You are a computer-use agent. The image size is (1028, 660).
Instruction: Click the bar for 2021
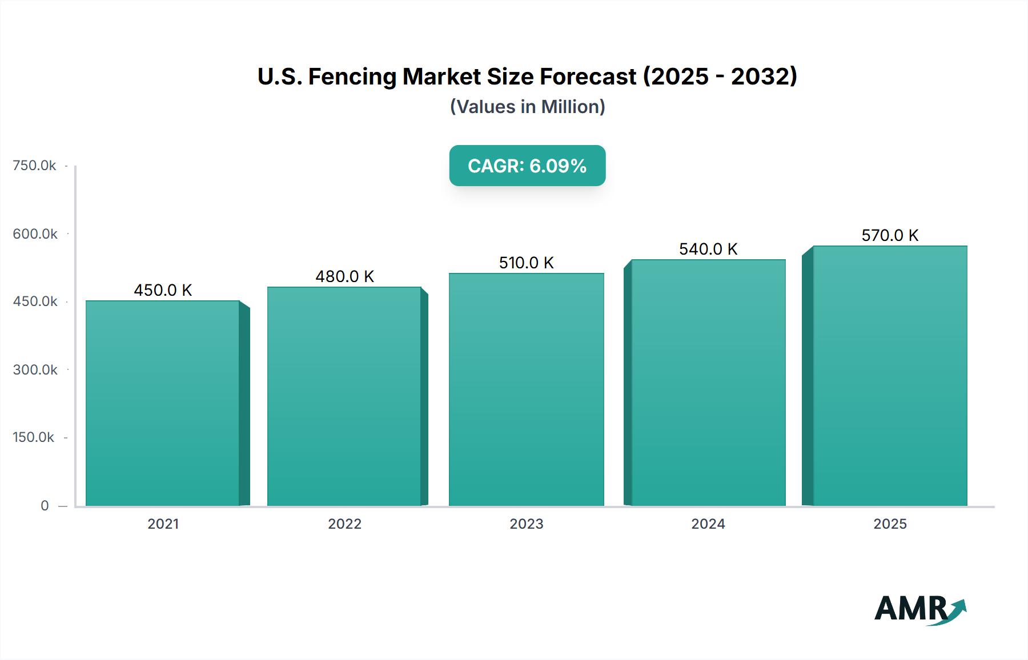point(163,403)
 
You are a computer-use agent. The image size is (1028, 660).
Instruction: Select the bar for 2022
point(344,396)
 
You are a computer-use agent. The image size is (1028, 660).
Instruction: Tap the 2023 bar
point(526,389)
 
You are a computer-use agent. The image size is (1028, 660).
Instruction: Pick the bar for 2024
point(708,383)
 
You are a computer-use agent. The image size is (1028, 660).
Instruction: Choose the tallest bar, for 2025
point(890,376)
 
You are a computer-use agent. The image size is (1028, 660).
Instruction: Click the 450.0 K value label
point(163,290)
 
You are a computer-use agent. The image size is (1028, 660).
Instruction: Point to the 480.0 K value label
point(344,276)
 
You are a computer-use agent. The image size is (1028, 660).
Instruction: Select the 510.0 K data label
point(526,263)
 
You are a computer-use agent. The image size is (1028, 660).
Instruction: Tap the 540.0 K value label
point(708,249)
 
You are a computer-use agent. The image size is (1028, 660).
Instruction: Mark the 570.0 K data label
point(890,235)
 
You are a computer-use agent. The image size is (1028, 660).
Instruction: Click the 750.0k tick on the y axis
point(34,166)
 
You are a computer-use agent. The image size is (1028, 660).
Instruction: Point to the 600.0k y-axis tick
point(35,234)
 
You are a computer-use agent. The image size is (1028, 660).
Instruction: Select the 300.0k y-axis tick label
point(35,369)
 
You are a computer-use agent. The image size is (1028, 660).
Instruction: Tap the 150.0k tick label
point(34,437)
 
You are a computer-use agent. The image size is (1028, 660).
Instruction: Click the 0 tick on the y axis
point(45,505)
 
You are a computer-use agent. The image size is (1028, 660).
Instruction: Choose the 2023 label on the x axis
point(526,524)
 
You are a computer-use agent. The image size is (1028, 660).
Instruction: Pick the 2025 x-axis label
point(890,524)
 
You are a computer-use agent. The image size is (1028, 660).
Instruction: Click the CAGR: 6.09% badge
point(527,166)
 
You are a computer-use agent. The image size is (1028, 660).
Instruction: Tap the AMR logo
point(920,609)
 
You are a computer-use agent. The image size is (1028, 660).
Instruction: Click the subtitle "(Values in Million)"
point(527,107)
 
